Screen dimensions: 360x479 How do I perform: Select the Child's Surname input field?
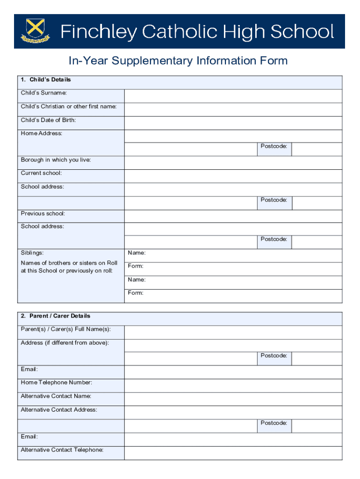point(233,96)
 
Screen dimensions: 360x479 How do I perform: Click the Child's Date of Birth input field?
point(233,123)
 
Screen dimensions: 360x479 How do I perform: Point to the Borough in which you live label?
point(56,160)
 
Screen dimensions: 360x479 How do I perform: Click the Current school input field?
point(233,176)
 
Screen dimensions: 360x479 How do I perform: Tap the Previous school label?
point(43,214)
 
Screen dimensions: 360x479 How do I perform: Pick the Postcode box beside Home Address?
point(317,149)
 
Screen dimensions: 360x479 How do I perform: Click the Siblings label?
point(32,253)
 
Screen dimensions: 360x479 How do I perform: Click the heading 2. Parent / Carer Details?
point(56,316)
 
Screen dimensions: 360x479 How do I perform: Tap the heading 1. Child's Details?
point(46,80)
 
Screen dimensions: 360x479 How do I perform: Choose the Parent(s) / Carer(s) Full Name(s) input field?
point(233,332)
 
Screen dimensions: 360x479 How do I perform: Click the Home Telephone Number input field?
point(233,385)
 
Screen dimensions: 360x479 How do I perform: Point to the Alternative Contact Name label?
point(56,396)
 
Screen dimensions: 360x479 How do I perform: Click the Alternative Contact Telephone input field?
point(233,453)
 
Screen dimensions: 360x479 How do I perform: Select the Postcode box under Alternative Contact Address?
point(317,426)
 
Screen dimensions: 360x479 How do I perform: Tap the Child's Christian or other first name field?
point(233,109)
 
